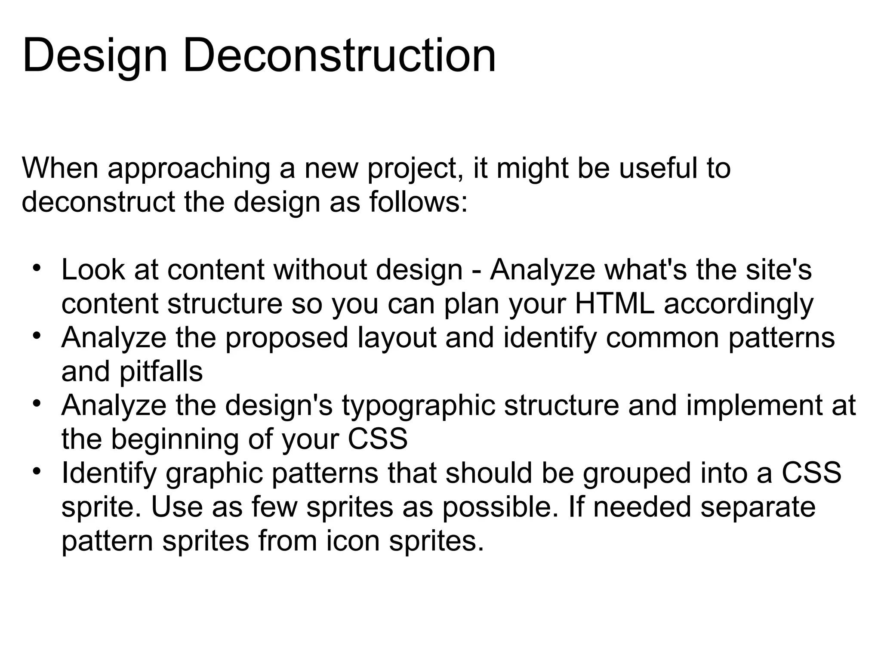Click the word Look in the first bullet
pyautogui.click(x=93, y=270)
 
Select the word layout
pyautogui.click(x=397, y=338)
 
